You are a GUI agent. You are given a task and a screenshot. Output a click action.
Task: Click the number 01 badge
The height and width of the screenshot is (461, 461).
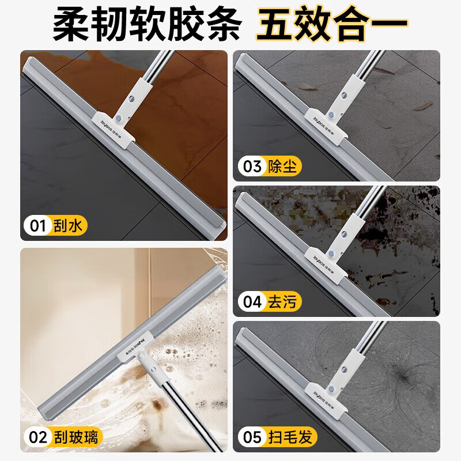tap(38, 226)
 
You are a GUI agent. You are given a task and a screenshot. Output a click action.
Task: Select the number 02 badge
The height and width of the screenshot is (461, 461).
tap(38, 437)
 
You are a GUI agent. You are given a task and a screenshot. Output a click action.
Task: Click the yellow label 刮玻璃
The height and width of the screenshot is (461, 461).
tap(76, 437)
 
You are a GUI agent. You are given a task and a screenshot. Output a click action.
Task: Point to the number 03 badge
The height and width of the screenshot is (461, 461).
tap(252, 166)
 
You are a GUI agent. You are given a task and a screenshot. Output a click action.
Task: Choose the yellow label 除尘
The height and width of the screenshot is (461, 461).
tap(282, 166)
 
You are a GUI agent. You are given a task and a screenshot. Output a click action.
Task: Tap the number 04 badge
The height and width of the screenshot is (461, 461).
tap(252, 301)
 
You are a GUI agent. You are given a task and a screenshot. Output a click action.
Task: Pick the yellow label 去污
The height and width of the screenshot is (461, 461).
tap(282, 301)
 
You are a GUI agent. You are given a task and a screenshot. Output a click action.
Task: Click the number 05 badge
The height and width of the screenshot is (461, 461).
tap(252, 437)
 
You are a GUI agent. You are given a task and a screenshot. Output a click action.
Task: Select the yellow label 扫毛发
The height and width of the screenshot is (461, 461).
tap(290, 437)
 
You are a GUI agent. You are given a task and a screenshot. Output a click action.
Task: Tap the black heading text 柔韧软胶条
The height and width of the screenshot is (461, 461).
tap(147, 25)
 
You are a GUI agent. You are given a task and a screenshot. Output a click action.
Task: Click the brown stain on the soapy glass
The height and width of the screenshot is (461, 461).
tap(155, 405)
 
